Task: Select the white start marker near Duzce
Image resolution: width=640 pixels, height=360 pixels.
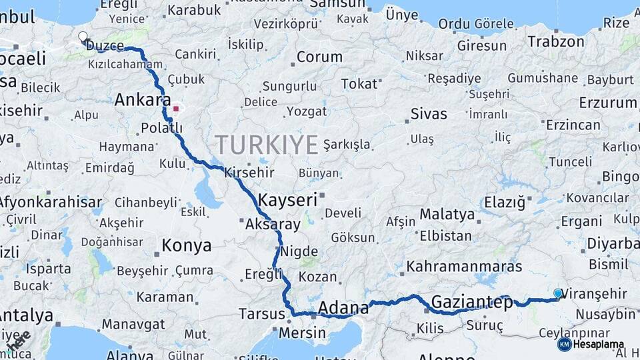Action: tap(83, 37)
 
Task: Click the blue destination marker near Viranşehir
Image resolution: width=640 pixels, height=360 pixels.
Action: tap(558, 293)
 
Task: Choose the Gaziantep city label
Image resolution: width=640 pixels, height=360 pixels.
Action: tap(472, 302)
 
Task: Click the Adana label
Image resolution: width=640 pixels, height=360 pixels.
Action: tap(343, 308)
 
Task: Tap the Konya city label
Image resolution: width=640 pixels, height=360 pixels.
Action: tap(187, 246)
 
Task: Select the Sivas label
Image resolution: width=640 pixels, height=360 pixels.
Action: tap(429, 113)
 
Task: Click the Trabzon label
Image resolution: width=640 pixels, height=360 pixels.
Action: tap(556, 41)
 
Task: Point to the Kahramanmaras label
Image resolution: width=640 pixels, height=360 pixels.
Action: tap(464, 267)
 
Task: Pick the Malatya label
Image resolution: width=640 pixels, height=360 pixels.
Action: tap(447, 215)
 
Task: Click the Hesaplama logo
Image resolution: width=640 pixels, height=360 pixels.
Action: tap(591, 345)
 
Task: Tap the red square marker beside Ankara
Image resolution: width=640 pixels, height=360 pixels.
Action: tap(175, 108)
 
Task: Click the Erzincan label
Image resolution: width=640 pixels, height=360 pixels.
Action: tap(573, 125)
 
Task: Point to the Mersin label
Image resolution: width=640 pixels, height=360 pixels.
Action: tap(302, 333)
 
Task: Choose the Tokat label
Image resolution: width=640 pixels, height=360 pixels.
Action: tap(359, 84)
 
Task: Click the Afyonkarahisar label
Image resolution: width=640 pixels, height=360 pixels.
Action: tap(50, 201)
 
